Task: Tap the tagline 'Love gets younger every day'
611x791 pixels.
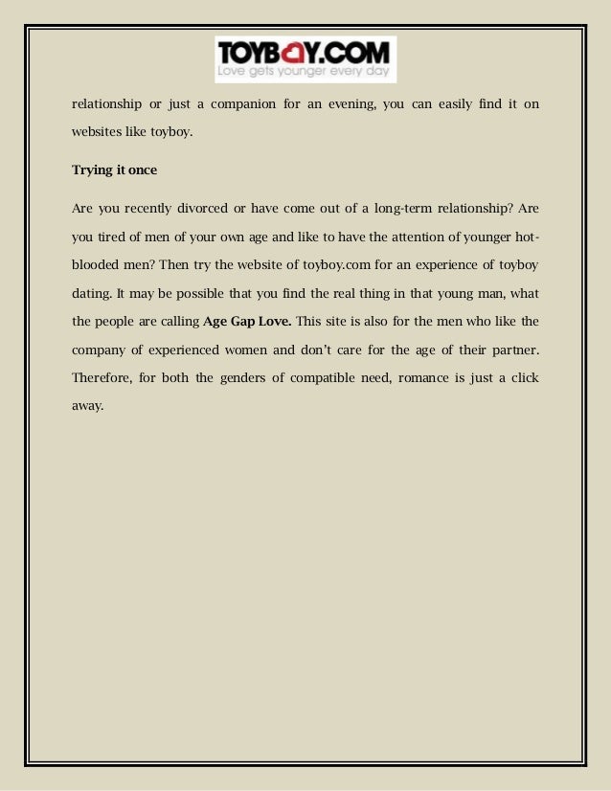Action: tap(305, 71)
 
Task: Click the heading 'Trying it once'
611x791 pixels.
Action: tap(114, 171)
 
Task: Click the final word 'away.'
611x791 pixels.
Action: tap(87, 405)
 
